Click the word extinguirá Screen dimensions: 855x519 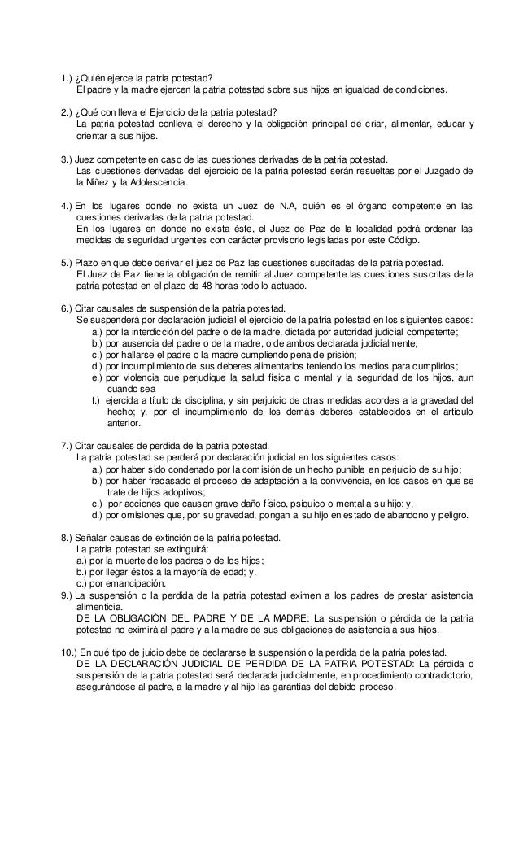click(178, 549)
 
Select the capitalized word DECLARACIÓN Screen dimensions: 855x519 click(152, 664)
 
